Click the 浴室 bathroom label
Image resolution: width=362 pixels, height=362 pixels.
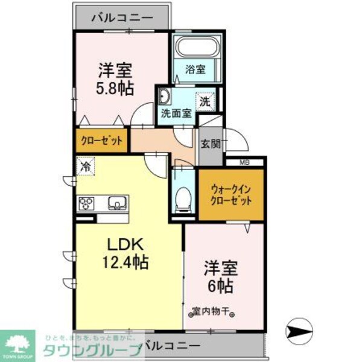pos(195,69)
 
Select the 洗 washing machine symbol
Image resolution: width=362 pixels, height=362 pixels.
pos(205,101)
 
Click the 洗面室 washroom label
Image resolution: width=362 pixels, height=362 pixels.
pos(176,113)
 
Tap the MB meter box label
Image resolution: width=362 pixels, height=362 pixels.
pos(244,162)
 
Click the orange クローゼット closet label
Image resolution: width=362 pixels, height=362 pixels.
pos(102,141)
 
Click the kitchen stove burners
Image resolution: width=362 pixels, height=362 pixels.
pos(86,202)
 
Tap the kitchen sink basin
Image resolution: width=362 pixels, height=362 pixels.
pos(116,202)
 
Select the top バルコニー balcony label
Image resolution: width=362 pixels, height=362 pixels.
pos(122,17)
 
